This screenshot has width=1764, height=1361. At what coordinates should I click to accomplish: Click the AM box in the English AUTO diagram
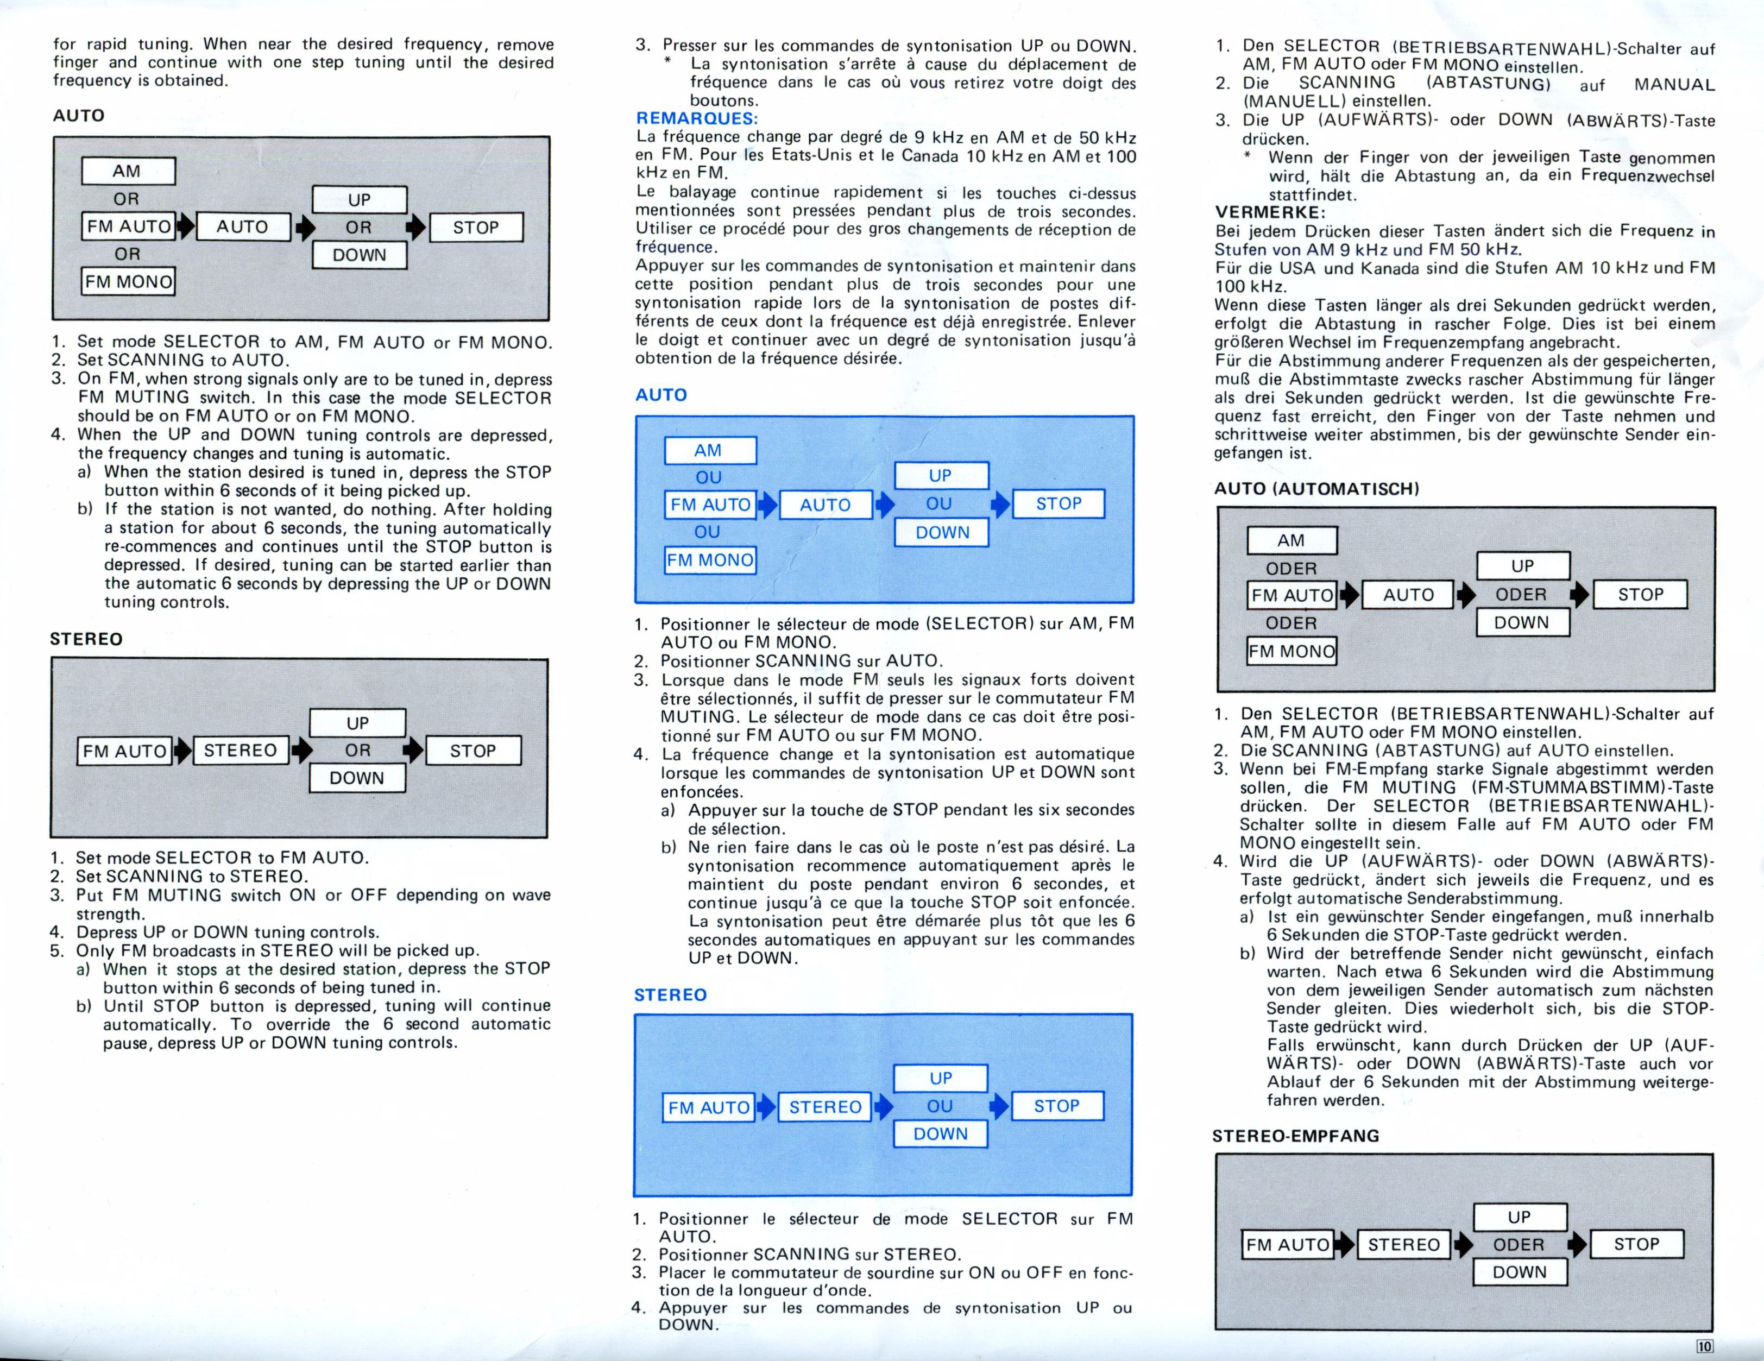(128, 171)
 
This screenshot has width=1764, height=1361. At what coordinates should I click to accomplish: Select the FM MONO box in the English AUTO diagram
(128, 282)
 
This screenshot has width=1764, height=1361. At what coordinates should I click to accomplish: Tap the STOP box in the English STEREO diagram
(473, 751)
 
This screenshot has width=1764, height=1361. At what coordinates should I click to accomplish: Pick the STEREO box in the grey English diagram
(240, 751)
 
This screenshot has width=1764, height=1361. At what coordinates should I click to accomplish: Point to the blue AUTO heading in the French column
(661, 395)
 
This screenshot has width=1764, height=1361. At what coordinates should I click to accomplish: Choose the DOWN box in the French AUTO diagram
(942, 532)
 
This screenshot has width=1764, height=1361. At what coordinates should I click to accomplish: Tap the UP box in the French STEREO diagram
(940, 1078)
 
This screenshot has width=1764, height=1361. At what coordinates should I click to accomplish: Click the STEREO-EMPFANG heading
(1295, 1136)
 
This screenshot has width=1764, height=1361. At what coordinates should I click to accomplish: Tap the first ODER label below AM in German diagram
(1291, 569)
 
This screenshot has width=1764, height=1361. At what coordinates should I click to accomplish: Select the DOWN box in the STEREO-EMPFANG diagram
(1519, 1272)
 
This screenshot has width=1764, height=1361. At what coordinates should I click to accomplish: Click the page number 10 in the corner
(1704, 1346)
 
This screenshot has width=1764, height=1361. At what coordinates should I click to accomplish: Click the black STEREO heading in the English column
(86, 639)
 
